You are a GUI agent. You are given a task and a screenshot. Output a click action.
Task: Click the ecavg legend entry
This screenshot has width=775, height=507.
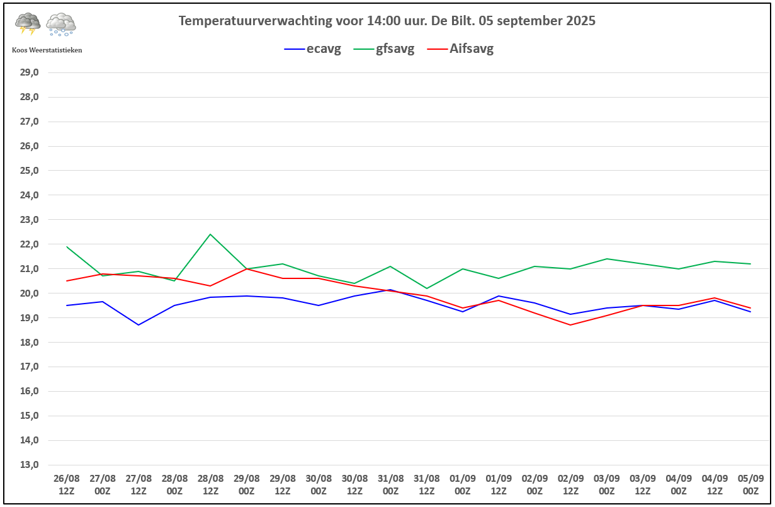pyautogui.click(x=312, y=48)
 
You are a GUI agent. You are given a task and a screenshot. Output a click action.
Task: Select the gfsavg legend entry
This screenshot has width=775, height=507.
pyautogui.click(x=383, y=48)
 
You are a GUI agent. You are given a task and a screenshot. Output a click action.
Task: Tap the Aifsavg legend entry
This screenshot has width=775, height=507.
pyautogui.click(x=460, y=48)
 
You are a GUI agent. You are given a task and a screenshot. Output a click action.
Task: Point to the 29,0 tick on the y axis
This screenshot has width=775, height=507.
pyautogui.click(x=30, y=72)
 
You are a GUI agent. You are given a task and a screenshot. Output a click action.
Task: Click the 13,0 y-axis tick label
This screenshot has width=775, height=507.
pyautogui.click(x=30, y=464)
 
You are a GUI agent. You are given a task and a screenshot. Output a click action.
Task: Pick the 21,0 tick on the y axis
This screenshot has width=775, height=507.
pyautogui.click(x=30, y=268)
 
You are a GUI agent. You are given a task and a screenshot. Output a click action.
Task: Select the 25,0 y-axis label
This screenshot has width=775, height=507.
pyautogui.click(x=30, y=171)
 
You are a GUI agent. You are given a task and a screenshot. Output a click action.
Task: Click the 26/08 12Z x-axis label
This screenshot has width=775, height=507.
pyautogui.click(x=67, y=484)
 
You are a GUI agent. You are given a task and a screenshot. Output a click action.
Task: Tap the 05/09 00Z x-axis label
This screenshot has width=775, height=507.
pyautogui.click(x=750, y=484)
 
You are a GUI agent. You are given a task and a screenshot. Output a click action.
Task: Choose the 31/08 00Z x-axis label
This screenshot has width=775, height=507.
pyautogui.click(x=390, y=484)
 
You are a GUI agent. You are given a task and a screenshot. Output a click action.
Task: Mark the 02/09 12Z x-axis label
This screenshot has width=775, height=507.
pyautogui.click(x=570, y=484)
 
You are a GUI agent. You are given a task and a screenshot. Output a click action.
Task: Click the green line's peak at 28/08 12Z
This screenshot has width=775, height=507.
pyautogui.click(x=210, y=234)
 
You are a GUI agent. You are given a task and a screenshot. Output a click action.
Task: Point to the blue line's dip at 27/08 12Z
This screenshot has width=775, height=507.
pyautogui.click(x=139, y=325)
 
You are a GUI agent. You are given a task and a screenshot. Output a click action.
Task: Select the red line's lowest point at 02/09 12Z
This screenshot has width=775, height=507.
pyautogui.click(x=570, y=325)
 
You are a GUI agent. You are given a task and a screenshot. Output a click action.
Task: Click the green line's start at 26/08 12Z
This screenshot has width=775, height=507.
pyautogui.click(x=67, y=247)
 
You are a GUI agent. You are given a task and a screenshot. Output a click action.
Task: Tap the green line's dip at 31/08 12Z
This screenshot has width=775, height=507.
pyautogui.click(x=427, y=288)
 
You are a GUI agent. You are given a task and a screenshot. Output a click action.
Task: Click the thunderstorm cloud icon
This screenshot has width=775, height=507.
pyautogui.click(x=28, y=24)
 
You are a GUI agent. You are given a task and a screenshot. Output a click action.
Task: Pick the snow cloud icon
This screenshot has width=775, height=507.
pyautogui.click(x=61, y=25)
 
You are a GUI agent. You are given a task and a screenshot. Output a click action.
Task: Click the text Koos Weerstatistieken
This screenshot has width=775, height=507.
pyautogui.click(x=47, y=50)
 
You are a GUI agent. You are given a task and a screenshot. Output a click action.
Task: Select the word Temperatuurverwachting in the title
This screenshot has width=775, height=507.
pyautogui.click(x=256, y=21)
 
